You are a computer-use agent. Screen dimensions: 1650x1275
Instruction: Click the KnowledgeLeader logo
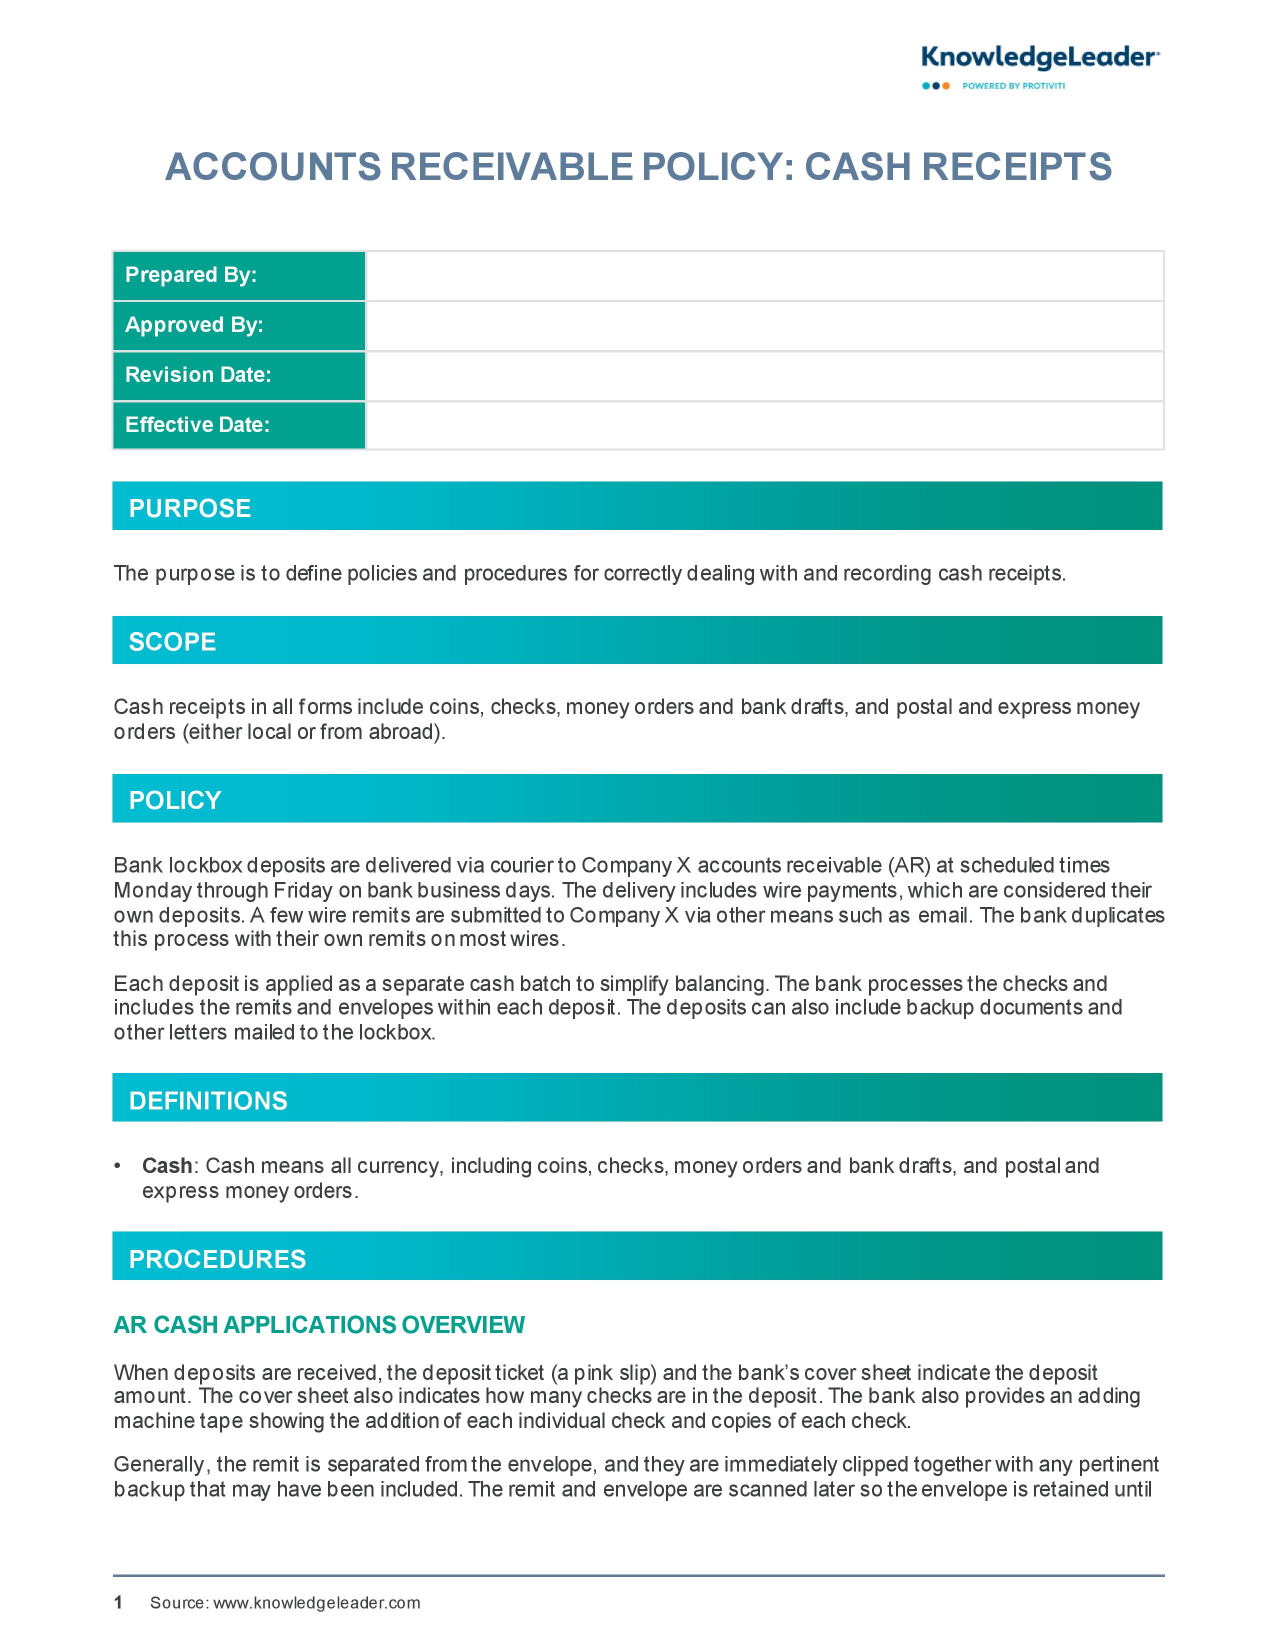[1040, 57]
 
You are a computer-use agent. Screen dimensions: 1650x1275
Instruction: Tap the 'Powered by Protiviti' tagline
[1013, 86]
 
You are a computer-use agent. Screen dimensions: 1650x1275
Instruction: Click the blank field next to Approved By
[763, 325]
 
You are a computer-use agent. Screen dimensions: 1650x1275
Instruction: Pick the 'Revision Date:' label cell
[238, 375]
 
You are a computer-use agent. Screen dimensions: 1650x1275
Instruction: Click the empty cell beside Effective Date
[763, 425]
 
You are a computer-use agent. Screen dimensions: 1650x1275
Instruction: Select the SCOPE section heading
[172, 641]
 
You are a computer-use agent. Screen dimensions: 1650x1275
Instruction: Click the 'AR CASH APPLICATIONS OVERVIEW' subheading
[319, 1324]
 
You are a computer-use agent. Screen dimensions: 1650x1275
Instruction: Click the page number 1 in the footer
[118, 1602]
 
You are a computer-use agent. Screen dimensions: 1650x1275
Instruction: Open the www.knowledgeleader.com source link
[316, 1603]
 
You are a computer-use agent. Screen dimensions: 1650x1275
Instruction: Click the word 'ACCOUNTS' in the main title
[273, 167]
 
